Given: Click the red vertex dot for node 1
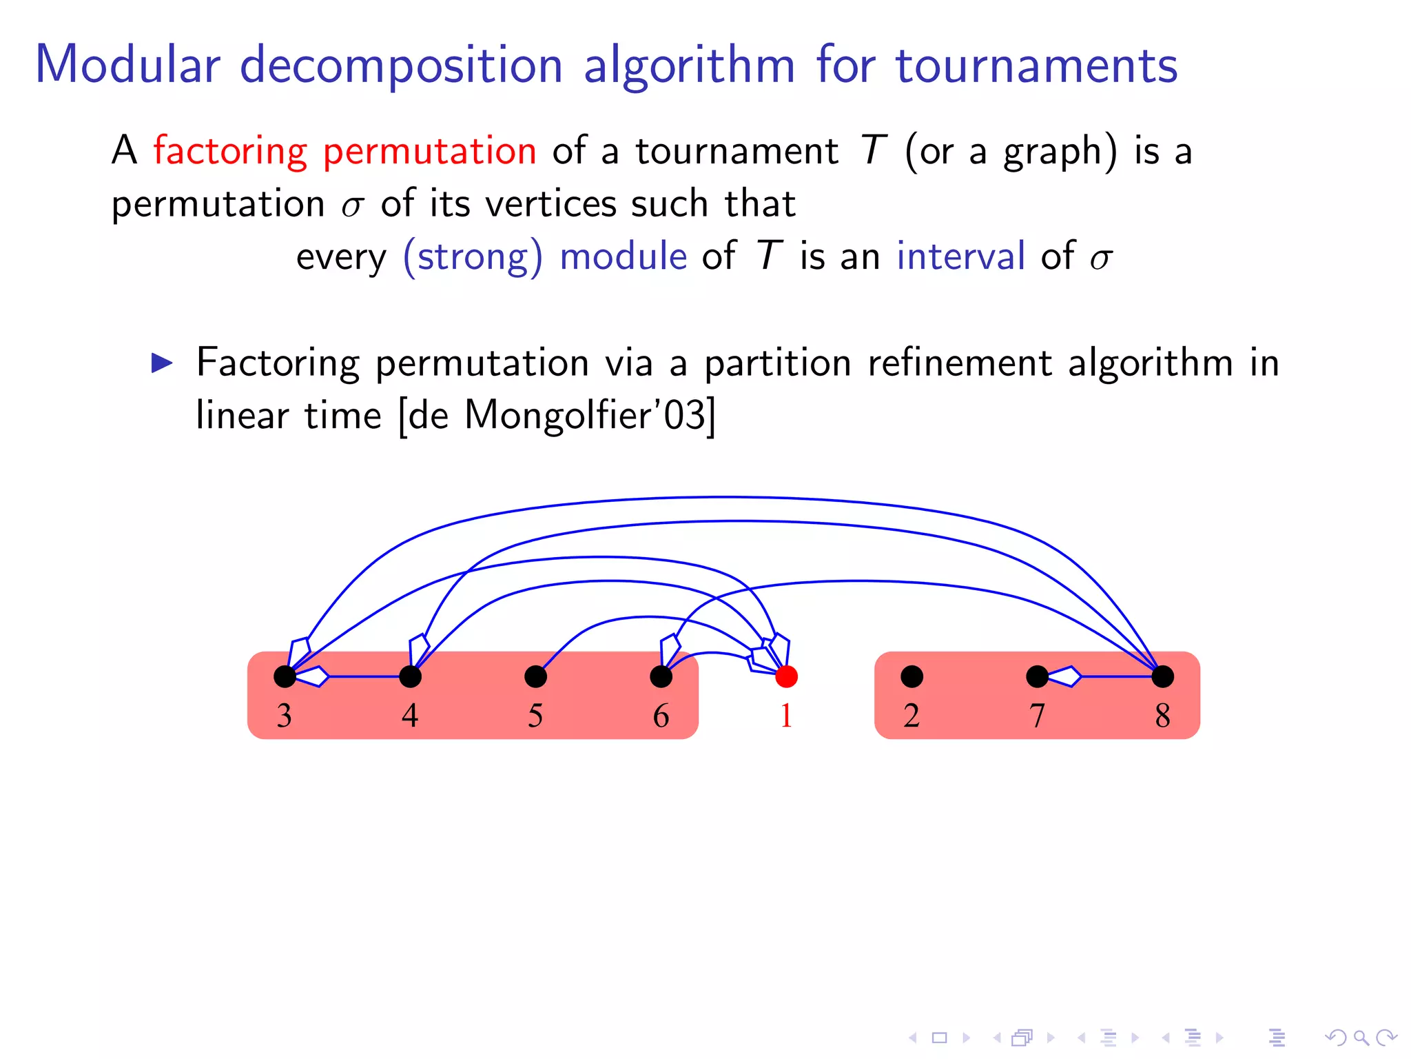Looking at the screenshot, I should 786,676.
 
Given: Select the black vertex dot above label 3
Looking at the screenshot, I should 285,676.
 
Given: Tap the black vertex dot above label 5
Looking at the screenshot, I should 535,676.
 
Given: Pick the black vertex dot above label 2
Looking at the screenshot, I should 912,676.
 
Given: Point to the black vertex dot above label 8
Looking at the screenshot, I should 1162,676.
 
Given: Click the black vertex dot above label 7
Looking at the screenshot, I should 1037,676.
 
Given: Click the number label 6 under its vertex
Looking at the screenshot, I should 661,716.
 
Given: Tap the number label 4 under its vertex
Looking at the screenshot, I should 410,716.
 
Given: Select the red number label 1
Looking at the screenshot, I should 786,716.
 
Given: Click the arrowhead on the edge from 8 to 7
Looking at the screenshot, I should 1065,676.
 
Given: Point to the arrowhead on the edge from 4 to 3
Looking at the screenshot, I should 313,676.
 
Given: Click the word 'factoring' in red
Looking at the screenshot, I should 230,151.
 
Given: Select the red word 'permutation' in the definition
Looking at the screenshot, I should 429,151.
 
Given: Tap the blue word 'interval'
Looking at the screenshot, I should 960,256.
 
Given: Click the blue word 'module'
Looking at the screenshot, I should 623,256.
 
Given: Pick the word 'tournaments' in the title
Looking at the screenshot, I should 1036,65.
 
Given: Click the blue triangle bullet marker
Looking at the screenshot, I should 163,363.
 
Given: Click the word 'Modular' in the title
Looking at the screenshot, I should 127,65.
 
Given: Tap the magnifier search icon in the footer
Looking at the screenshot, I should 1360,1037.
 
